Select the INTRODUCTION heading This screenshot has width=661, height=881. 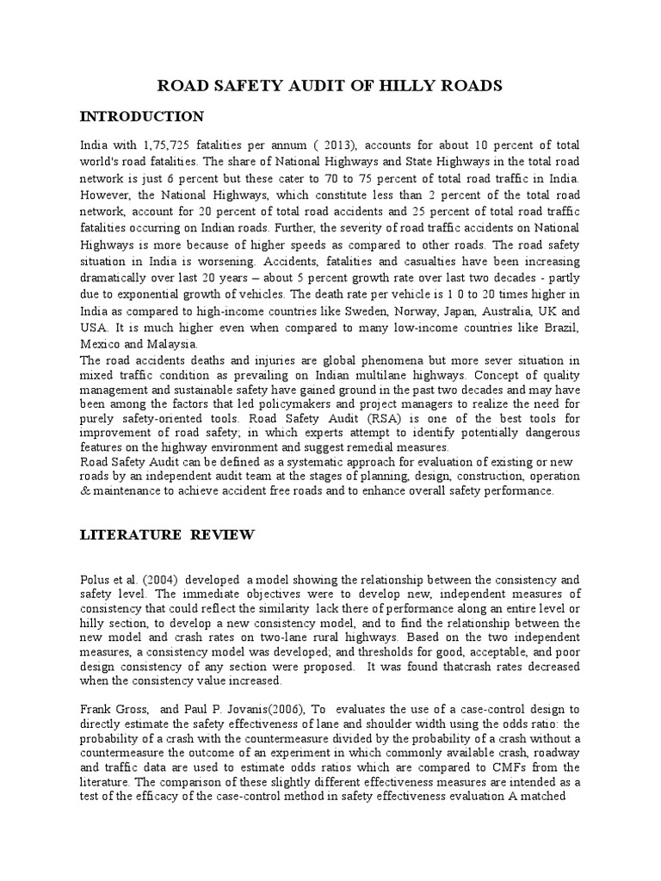[x=154, y=116]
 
